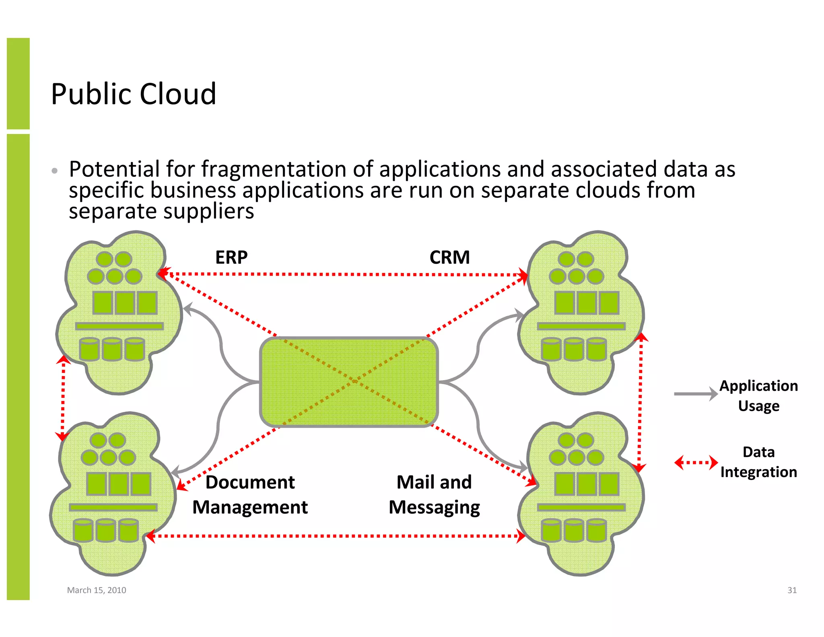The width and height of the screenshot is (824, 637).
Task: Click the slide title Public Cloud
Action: [134, 94]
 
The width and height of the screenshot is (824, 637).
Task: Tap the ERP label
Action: [231, 258]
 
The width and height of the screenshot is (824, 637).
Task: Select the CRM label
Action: [449, 258]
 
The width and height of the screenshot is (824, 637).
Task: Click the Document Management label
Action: [250, 495]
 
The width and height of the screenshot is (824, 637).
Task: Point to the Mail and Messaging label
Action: [434, 495]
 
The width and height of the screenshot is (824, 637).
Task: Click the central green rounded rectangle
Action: [349, 382]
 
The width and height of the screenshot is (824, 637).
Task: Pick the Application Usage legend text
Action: [758, 395]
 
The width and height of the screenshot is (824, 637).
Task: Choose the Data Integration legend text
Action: [758, 462]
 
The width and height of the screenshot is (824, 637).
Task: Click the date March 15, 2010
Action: [97, 590]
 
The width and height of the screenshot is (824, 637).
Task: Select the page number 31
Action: [792, 590]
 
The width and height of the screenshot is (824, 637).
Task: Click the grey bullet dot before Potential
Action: [55, 171]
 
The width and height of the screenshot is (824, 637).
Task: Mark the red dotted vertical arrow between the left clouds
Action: [63, 399]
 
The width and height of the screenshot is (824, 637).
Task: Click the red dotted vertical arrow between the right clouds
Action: [640, 403]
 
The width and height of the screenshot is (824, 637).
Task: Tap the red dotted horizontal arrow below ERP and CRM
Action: [342, 274]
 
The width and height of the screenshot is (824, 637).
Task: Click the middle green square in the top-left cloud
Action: [125, 303]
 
